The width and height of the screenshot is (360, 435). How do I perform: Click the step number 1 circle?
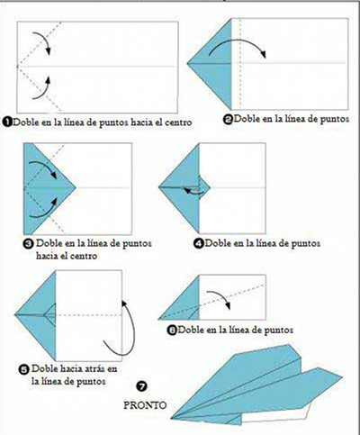[x=7, y=120]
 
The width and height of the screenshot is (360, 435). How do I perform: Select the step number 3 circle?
[x=28, y=242]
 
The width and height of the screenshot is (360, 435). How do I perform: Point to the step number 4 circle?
[x=198, y=242]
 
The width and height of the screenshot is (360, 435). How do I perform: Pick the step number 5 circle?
[x=21, y=368]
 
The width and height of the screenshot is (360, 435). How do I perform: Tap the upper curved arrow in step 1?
[x=40, y=38]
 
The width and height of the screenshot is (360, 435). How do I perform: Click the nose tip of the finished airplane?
[x=172, y=415]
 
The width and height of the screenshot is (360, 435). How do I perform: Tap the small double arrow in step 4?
[x=193, y=190]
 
